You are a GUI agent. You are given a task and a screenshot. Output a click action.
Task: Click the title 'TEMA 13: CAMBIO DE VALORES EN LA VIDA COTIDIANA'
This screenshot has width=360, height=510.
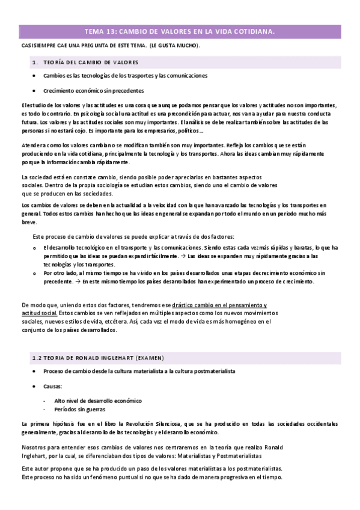tap(178, 32)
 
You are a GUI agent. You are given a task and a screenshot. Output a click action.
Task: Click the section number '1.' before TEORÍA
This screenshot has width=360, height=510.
tap(35, 62)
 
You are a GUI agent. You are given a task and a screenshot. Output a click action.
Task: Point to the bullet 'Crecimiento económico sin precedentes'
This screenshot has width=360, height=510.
tap(94, 91)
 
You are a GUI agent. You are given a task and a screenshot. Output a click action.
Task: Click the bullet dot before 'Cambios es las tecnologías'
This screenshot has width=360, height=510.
tap(34, 76)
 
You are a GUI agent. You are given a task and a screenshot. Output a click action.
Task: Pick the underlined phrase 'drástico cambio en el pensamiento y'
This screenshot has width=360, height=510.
tap(219, 305)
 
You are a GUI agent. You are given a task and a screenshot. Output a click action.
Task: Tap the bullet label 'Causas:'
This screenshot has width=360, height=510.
tap(52, 386)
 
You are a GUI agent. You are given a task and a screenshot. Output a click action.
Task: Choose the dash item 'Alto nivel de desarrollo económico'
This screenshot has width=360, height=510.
tap(98, 400)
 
